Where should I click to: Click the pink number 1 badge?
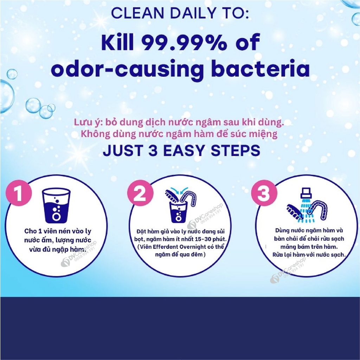[x=19, y=193]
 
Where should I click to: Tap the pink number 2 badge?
[x=140, y=193]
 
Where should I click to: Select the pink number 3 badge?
[x=264, y=193]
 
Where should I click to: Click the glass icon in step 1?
[x=56, y=206]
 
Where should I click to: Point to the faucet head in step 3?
[x=306, y=193]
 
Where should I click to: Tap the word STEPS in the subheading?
[x=236, y=151]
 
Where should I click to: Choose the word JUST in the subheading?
[x=123, y=151]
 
